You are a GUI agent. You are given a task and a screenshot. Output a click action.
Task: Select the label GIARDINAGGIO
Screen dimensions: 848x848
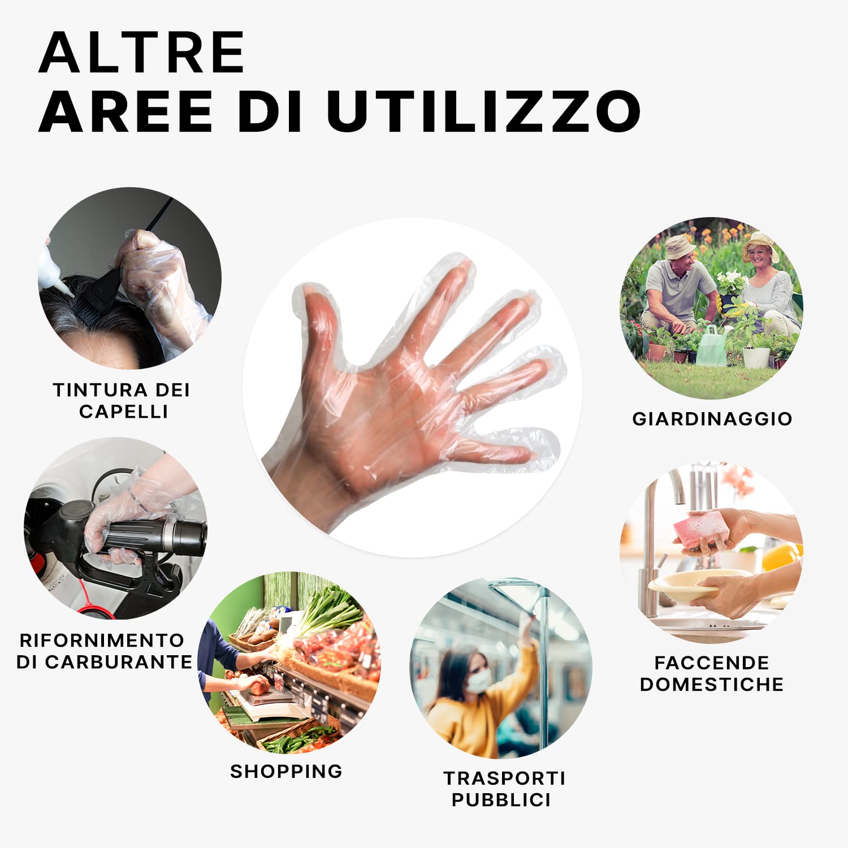coord(712,419)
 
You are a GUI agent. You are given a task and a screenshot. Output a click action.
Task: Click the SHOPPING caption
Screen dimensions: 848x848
coord(287,771)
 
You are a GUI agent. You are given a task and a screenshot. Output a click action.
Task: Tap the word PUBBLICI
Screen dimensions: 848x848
coord(501,800)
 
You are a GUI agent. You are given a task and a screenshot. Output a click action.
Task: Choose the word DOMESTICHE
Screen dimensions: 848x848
coord(712,684)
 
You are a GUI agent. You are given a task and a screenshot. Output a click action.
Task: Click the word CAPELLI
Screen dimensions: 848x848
coord(124,412)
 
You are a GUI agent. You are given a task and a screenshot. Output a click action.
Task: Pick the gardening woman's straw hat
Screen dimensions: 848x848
coord(760,246)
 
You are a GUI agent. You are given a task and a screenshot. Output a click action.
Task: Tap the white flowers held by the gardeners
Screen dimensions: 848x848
coord(732,281)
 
